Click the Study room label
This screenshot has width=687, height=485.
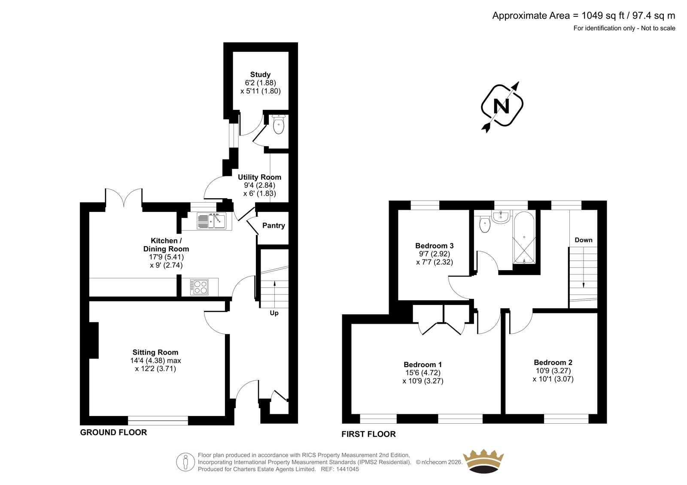click(260, 75)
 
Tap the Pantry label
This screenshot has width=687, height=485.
click(274, 226)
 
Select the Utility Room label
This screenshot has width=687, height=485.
click(259, 177)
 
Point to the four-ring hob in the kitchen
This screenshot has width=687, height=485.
click(199, 287)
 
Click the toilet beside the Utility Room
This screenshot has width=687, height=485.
click(279, 124)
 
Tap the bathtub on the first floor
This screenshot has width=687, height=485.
click(524, 238)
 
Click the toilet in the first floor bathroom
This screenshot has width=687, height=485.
click(485, 225)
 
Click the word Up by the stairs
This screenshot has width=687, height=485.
click(274, 313)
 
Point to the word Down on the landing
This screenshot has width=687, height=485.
click(584, 240)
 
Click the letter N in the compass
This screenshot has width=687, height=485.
click(502, 106)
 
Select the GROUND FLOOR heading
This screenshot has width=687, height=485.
click(113, 432)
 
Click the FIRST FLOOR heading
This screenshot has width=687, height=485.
click(369, 434)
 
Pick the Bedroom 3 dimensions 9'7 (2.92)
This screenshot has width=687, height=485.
click(435, 254)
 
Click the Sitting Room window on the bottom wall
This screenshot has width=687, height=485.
click(158, 420)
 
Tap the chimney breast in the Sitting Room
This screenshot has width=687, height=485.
click(94, 340)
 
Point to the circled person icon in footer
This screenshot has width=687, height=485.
click(185, 462)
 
